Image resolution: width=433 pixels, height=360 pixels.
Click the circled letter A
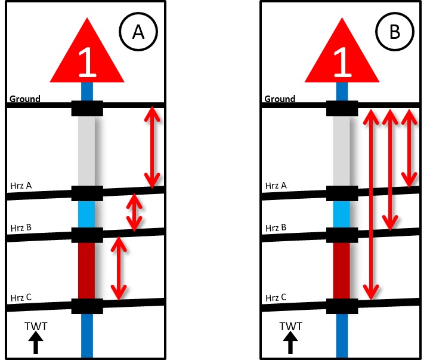[138, 32]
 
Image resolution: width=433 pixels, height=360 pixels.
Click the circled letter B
[395, 32]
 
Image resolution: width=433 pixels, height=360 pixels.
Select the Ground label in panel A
[24, 99]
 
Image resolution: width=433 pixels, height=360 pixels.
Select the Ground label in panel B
[280, 99]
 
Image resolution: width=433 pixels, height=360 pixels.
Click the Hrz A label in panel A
[21, 186]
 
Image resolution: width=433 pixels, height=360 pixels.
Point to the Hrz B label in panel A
[21, 228]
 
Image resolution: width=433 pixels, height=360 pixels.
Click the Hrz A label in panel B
[276, 186]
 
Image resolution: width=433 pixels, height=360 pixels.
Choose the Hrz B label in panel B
[276, 228]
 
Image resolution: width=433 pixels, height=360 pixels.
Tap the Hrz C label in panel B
[276, 297]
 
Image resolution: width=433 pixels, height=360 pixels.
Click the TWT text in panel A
[36, 326]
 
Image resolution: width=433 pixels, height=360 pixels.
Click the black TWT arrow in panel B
[290, 343]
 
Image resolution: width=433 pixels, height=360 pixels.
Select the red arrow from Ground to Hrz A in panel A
[153, 146]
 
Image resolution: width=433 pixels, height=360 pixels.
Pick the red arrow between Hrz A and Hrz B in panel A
[135, 212]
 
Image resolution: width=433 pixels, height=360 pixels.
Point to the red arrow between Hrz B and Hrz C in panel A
[119, 268]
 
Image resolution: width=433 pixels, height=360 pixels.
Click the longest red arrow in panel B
[371, 203]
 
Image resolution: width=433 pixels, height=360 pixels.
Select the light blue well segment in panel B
[342, 214]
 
